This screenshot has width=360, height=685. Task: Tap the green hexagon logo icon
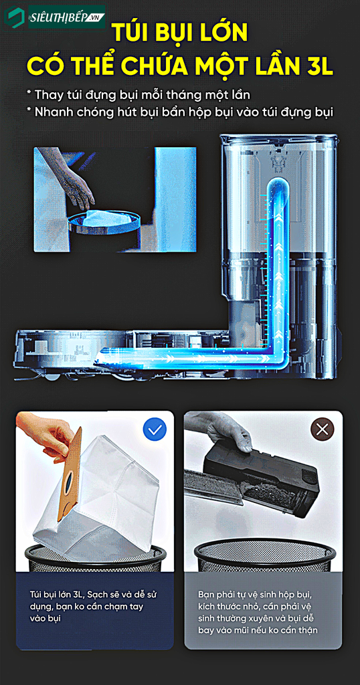point(15,17)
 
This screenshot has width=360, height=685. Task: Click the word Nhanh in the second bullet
point(57,112)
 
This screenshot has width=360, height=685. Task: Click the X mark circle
point(322,429)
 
